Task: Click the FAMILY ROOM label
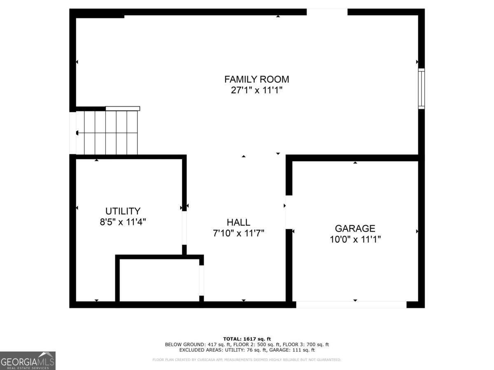[x=256, y=79]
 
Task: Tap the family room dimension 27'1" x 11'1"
[x=256, y=90]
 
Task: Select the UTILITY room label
[x=123, y=211]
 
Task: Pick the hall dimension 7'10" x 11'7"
[x=238, y=233]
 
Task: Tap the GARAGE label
[x=355, y=229]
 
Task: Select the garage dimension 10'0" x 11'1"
[x=355, y=239]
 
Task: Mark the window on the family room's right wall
[x=421, y=88]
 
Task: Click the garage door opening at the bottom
[x=351, y=305]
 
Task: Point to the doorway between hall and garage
[x=289, y=212]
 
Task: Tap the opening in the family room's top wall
[x=327, y=12]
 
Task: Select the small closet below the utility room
[x=159, y=280]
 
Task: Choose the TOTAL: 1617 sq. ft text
[x=247, y=339]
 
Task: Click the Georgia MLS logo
[x=28, y=361]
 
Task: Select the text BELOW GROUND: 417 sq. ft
[x=193, y=345]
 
